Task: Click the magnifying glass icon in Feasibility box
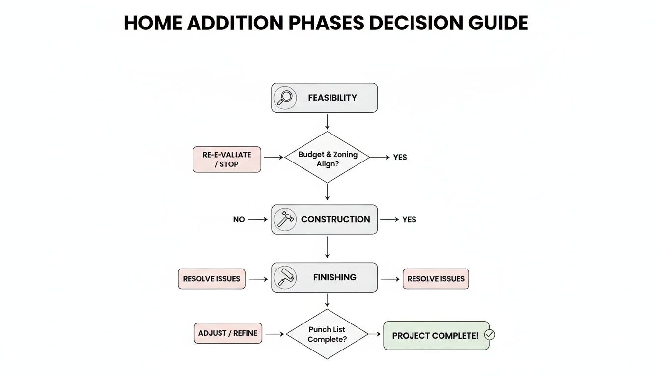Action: point(285,98)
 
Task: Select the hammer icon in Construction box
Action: point(285,219)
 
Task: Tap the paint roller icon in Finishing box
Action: point(285,277)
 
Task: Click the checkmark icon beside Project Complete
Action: point(489,335)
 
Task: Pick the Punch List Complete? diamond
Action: point(327,334)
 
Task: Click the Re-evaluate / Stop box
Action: point(227,159)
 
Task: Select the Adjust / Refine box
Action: point(228,333)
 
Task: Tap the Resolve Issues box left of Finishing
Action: point(212,279)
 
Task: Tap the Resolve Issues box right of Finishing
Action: point(436,279)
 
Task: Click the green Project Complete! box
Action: point(435,336)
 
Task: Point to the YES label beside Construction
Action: point(409,220)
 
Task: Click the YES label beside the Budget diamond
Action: point(400,158)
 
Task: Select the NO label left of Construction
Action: point(239,220)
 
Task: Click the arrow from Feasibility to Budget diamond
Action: point(327,121)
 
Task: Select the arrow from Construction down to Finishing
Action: point(327,247)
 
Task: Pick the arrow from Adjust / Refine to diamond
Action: point(274,334)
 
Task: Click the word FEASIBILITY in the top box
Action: point(332,98)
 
